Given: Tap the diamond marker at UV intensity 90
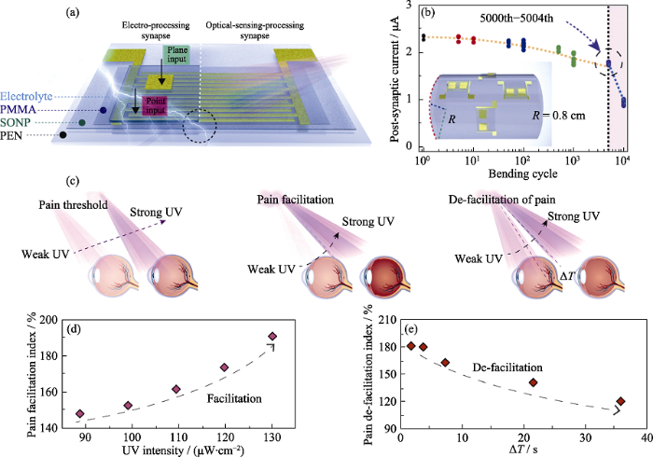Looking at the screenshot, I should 80,413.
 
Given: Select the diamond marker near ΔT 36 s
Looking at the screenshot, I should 621,402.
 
